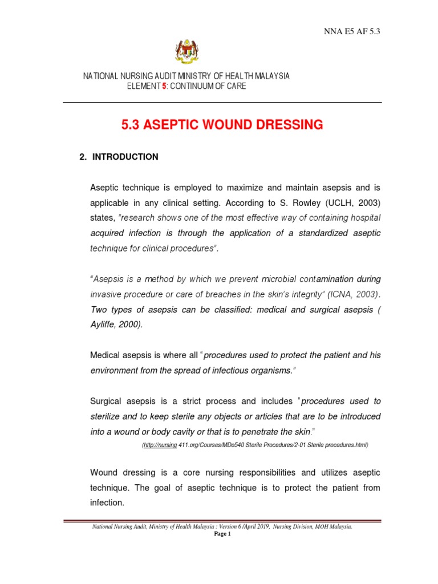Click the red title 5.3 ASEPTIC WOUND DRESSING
[222, 125]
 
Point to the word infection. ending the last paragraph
[107, 503]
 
